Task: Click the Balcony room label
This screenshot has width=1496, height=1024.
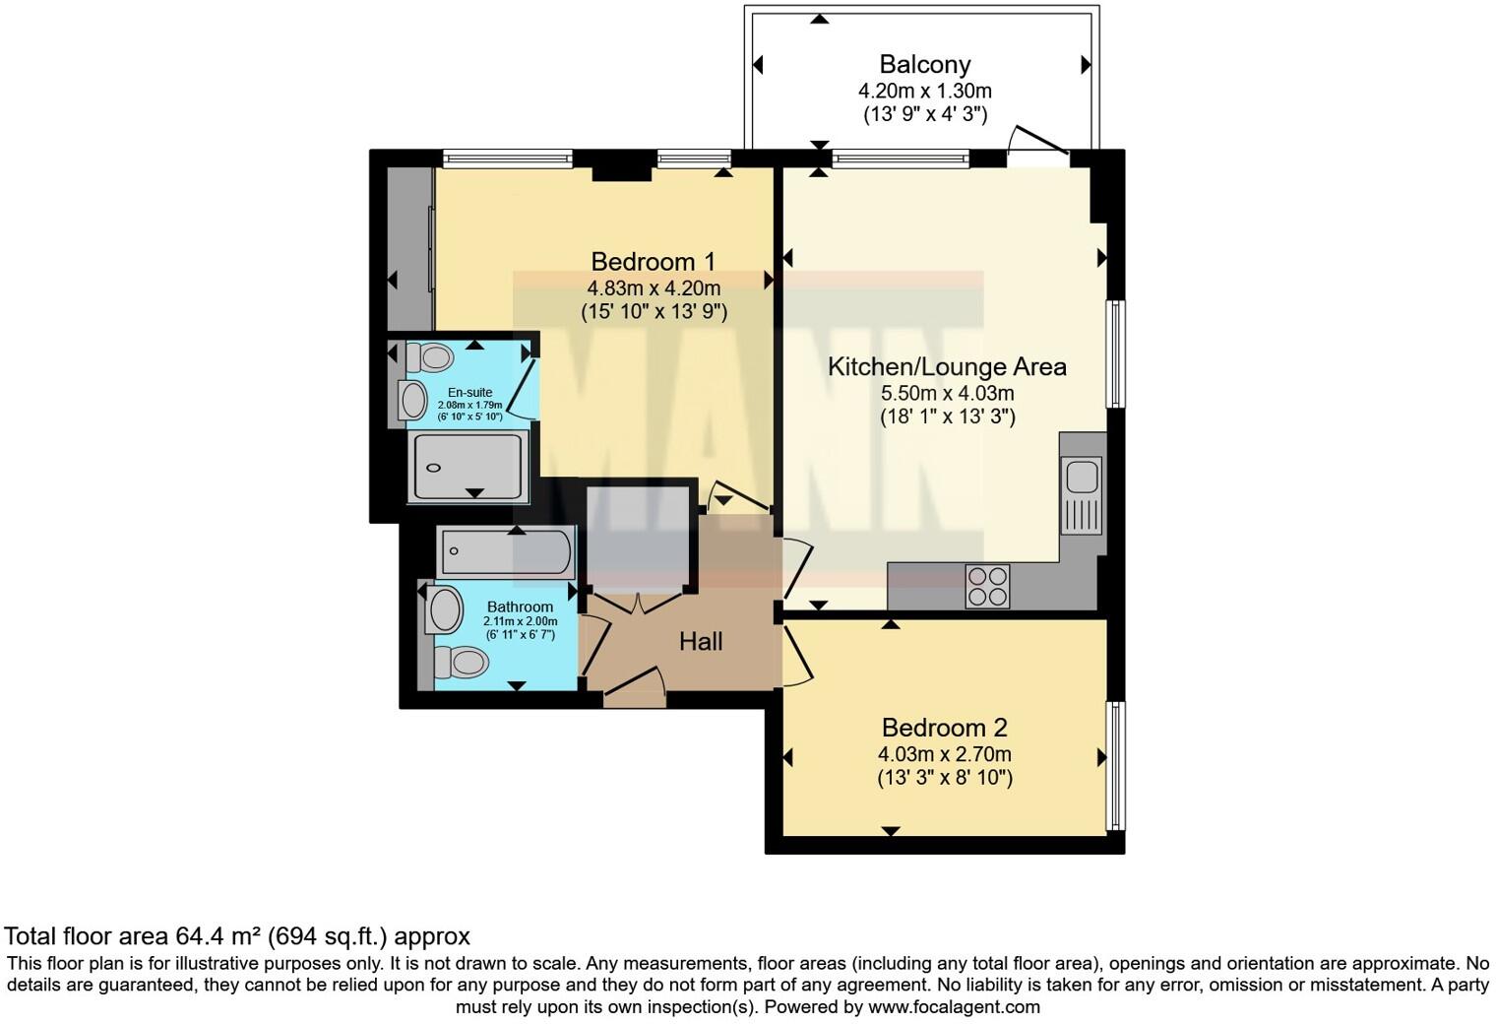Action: coord(924,65)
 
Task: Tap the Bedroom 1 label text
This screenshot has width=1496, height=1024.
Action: coord(653,262)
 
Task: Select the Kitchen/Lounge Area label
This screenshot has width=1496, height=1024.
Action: coord(947,367)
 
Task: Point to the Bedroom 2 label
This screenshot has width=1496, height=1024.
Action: coord(944,729)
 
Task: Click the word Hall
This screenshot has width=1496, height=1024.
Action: coord(701,642)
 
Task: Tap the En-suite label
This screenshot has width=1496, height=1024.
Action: coord(469,393)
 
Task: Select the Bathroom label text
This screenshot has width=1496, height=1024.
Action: coord(520,607)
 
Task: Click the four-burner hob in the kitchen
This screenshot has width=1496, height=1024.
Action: coord(987,586)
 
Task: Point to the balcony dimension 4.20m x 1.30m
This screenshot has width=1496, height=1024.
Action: coord(924,91)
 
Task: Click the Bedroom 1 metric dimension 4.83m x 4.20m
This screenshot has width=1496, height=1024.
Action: coord(654,288)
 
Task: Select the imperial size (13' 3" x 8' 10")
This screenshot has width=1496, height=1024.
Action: coord(944,778)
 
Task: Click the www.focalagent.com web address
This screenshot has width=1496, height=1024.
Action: coord(954,1007)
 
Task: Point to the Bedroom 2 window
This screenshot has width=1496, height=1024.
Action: coord(1115,765)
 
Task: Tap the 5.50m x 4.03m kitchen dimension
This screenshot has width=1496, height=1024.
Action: coord(947,393)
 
